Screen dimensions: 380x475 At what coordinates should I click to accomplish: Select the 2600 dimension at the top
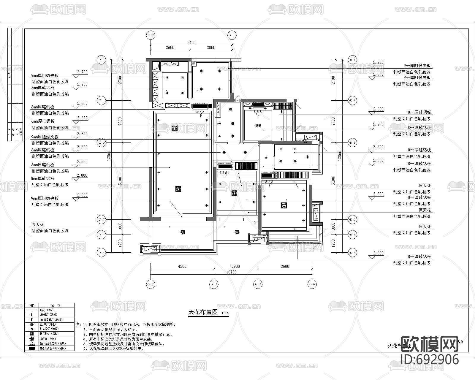click(x=170, y=47)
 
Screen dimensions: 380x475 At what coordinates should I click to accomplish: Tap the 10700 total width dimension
click(x=231, y=272)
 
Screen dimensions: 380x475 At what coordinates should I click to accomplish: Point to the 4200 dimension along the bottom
click(x=182, y=266)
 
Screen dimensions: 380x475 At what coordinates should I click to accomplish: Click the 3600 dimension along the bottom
click(x=285, y=266)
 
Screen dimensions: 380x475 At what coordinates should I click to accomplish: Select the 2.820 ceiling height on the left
click(x=82, y=134)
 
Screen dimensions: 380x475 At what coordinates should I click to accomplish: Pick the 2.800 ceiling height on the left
click(x=82, y=175)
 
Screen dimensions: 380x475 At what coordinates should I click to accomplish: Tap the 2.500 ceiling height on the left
click(x=82, y=195)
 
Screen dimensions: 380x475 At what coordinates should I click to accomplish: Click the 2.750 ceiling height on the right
click(x=378, y=125)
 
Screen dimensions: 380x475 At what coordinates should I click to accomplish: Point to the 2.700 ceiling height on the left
click(x=82, y=85)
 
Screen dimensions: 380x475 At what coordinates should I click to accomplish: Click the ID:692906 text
click(x=430, y=360)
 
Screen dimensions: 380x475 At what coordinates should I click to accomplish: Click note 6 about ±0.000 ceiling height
click(x=113, y=349)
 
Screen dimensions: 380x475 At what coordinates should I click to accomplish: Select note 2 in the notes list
click(x=111, y=330)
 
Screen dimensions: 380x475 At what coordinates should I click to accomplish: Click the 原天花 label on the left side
click(x=38, y=225)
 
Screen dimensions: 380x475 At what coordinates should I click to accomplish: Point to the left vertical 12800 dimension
click(x=109, y=155)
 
